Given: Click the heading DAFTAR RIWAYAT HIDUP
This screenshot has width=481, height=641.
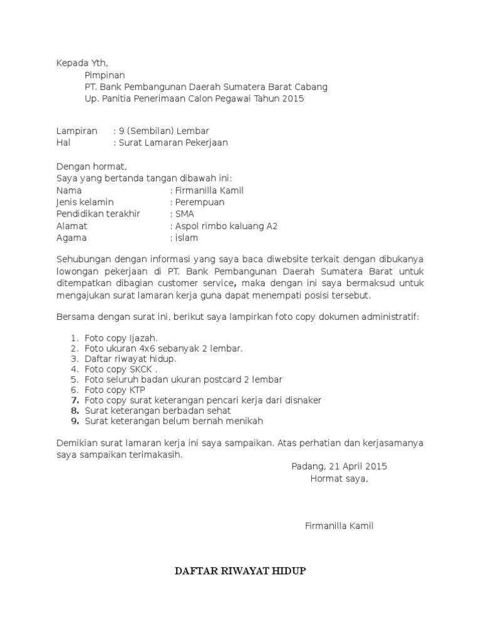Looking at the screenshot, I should point(240,572).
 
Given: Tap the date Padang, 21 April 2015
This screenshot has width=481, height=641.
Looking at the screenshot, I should point(339,466).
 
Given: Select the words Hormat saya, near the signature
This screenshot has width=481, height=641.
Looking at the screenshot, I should point(339,479).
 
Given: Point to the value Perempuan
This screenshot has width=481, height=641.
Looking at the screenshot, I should point(199,202).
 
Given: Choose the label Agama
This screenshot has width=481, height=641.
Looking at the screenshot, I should point(72,238).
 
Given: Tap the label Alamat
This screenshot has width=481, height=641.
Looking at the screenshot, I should point(72,226).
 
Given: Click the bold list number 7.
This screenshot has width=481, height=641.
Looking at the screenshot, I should point(74,399).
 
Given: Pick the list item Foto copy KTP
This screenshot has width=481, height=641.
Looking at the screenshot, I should point(115,389).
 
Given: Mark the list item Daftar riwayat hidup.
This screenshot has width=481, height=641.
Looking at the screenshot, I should point(130,359).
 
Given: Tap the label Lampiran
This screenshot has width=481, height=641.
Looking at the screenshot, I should point(77,131).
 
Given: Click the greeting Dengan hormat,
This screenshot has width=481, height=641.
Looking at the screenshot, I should point(91,167).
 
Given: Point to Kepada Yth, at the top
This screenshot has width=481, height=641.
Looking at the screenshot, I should point(82,63).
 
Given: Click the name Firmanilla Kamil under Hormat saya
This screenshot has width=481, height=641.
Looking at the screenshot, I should point(339,526).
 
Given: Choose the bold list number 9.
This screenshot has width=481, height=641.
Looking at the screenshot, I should point(74,421).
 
